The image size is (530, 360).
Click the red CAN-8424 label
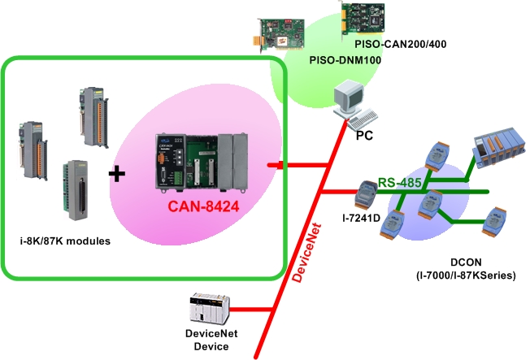[x=203, y=206]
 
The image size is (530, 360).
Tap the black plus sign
[x=117, y=174]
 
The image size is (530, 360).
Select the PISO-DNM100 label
[x=345, y=60]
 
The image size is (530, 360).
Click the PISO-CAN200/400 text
[x=401, y=44]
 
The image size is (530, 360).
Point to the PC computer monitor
[x=348, y=97]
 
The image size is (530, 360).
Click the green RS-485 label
[x=399, y=183]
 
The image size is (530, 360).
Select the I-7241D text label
[x=362, y=219]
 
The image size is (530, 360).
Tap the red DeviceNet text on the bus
[x=306, y=253]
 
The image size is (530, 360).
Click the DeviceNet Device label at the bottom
[x=211, y=340]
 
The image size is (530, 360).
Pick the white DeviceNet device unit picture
[x=210, y=308]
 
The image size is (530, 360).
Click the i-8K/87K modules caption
[x=65, y=241]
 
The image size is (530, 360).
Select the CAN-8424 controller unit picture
[x=202, y=163]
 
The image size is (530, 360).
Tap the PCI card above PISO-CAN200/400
[x=363, y=18]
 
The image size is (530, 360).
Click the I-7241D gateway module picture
[x=366, y=195]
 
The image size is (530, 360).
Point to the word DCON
[x=466, y=262]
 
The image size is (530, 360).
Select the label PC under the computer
[x=364, y=136]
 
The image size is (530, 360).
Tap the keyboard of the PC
[x=363, y=119]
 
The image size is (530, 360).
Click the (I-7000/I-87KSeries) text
[x=466, y=275]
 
